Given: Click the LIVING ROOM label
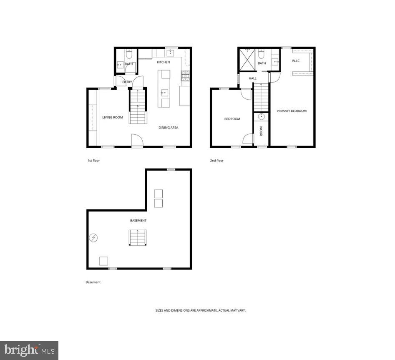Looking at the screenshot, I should coord(113,118).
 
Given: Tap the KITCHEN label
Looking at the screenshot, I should coord(163,62).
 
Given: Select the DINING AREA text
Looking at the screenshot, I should coord(168,128).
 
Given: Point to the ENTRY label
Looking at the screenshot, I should coord(127,82).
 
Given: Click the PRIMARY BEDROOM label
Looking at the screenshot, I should coord(292,111).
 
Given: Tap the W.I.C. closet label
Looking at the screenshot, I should coord(296,61).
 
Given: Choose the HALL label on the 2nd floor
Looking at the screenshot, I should coord(253,78).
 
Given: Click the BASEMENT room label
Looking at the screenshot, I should coord(138,221).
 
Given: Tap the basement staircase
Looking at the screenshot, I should coord(138,237).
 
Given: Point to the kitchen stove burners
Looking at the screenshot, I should coord(185,76).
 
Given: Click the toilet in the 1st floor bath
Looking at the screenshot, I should coord(129,54).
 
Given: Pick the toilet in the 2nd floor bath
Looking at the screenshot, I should coord(262,54).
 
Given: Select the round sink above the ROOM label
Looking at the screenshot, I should coord(262,116).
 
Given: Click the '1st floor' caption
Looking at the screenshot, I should coord(93,161).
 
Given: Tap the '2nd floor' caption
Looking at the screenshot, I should coord(217,161).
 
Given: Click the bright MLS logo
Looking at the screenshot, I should coord(29,350).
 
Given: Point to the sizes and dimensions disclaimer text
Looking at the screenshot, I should coord(201,311).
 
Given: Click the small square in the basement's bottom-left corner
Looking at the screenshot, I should coord(103,261).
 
